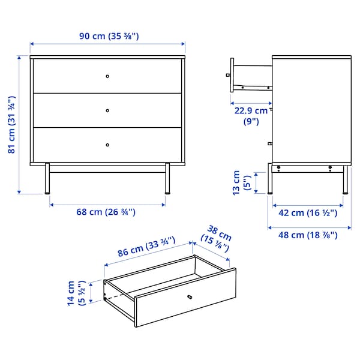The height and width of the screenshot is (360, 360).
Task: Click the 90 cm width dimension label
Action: pos(109,36)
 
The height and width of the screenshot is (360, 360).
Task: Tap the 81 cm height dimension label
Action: pos(12,125)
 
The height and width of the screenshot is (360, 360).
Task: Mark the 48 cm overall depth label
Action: pos(309,235)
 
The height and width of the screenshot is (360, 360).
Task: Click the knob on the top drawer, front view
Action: pos(107,76)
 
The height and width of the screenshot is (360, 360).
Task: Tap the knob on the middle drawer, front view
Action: pos(107,110)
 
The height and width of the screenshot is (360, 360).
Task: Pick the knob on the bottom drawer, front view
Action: pos(107,144)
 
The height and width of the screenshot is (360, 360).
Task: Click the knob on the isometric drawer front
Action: pos(190,296)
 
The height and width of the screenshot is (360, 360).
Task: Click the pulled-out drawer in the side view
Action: pos(250,74)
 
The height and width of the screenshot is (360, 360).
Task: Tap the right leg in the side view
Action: pos(345,180)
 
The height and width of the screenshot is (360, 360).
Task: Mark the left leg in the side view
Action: pos(271,180)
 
